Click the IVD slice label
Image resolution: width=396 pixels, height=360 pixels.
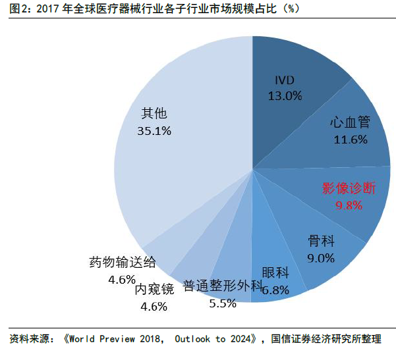tap(285, 80)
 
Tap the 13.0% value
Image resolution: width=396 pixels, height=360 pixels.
tap(285, 95)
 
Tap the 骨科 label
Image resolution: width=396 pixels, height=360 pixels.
tap(321, 241)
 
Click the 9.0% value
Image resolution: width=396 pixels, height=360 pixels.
tap(321, 257)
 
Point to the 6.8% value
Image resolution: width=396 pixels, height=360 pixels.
tap(276, 290)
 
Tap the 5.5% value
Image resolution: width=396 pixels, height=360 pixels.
tap(222, 304)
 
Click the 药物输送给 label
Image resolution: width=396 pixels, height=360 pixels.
tap(123, 262)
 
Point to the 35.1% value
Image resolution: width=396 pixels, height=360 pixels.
tap(154, 130)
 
